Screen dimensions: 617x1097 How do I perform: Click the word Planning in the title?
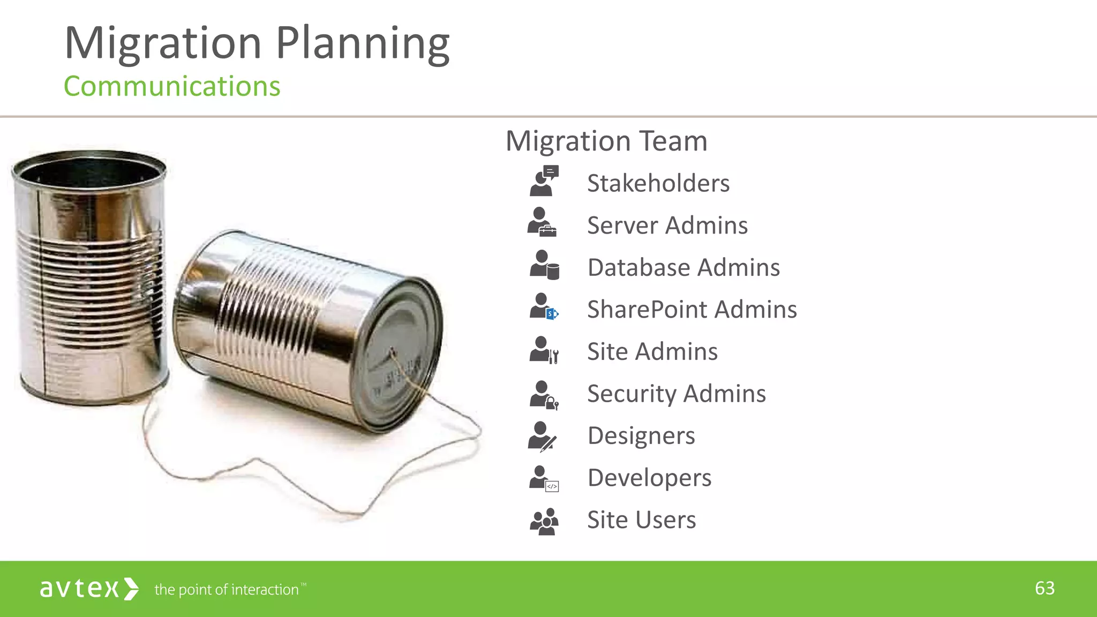pyautogui.click(x=363, y=44)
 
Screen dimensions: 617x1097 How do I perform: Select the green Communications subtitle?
pyautogui.click(x=172, y=87)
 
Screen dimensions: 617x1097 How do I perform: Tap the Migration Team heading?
pyautogui.click(x=606, y=141)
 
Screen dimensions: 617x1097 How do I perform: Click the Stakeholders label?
pyautogui.click(x=658, y=183)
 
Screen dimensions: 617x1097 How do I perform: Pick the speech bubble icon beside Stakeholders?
pyautogui.click(x=551, y=172)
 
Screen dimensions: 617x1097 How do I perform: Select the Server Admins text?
pyautogui.click(x=667, y=225)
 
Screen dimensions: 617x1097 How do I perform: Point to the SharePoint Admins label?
pyautogui.click(x=692, y=310)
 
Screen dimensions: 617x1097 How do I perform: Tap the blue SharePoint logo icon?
pyautogui.click(x=552, y=314)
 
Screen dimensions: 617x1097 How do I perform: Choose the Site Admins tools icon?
pyautogui.click(x=554, y=356)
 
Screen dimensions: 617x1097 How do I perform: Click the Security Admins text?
pyautogui.click(x=676, y=394)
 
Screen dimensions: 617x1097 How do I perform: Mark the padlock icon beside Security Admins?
pyautogui.click(x=552, y=403)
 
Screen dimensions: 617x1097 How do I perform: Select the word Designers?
pyautogui.click(x=641, y=435)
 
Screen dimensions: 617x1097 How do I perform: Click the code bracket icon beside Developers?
pyautogui.click(x=552, y=486)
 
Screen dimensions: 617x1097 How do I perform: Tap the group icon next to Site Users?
pyautogui.click(x=544, y=521)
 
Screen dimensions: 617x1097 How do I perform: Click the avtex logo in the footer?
pyautogui.click(x=89, y=589)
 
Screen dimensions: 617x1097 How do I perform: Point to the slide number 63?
pyautogui.click(x=1045, y=589)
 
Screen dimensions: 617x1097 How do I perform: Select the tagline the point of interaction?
pyautogui.click(x=227, y=590)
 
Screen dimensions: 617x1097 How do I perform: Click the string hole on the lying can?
pyautogui.click(x=392, y=352)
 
